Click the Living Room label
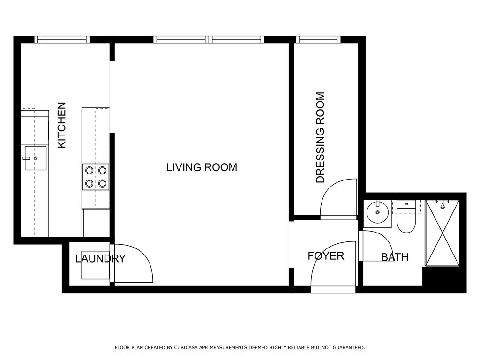[202, 167]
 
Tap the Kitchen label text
[62, 125]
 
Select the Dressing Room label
[320, 137]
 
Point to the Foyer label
[326, 255]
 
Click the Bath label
[395, 257]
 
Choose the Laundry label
[100, 258]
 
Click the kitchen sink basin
[36, 158]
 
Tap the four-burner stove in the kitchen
[96, 177]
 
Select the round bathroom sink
[377, 212]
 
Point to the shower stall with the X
[442, 233]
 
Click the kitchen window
[62, 39]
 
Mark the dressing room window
[318, 39]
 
